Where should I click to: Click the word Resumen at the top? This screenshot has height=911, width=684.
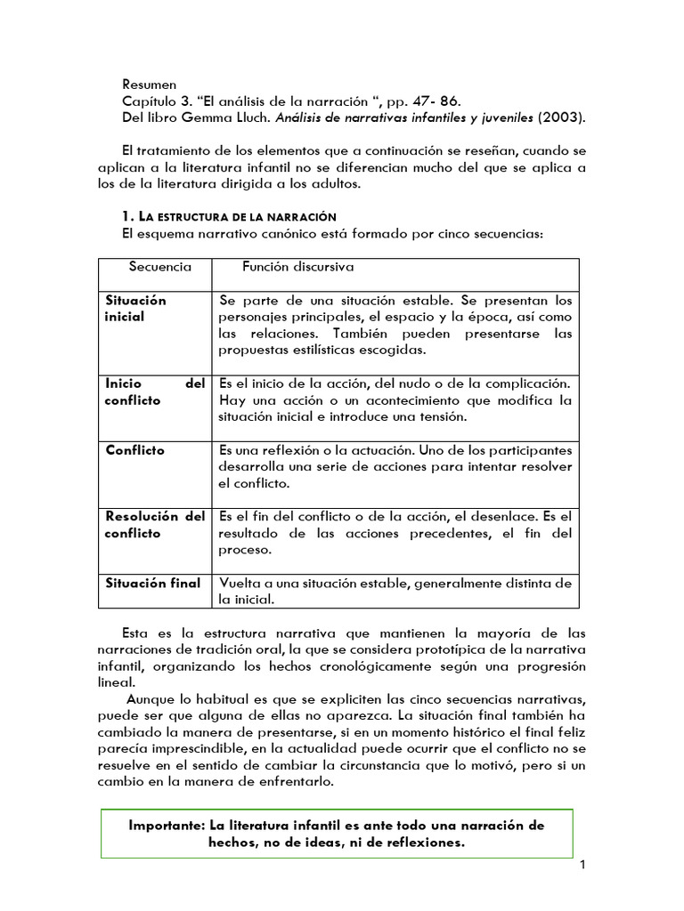pos(150,85)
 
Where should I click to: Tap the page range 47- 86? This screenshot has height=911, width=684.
pos(439,101)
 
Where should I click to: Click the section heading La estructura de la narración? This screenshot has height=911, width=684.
pos(228,217)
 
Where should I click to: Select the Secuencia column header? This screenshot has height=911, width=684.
pos(159,267)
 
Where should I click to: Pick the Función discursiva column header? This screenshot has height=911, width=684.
pos(298,267)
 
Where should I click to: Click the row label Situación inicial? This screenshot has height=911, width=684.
pos(135,308)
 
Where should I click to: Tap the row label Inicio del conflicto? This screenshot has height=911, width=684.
pos(154,391)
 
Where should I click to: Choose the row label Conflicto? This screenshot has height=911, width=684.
pos(134,450)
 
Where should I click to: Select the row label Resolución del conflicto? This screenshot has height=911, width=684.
pos(154,525)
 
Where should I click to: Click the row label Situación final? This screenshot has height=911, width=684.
pos(152,584)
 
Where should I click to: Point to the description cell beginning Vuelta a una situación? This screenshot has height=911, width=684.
pos(395,592)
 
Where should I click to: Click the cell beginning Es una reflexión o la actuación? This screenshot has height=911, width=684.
pos(395,467)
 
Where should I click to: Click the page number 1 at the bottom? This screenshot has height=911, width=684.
pos(582,865)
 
